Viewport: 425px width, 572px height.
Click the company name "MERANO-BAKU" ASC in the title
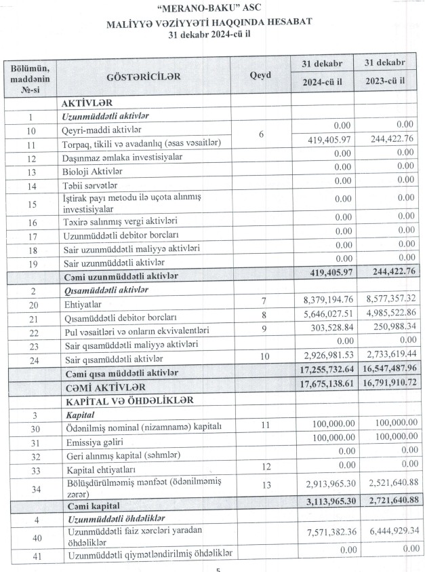pos(211,10)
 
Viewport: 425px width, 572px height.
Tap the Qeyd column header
pos(260,76)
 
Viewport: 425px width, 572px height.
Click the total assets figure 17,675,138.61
pos(322,385)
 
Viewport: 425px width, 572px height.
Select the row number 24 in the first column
pos(31,359)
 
